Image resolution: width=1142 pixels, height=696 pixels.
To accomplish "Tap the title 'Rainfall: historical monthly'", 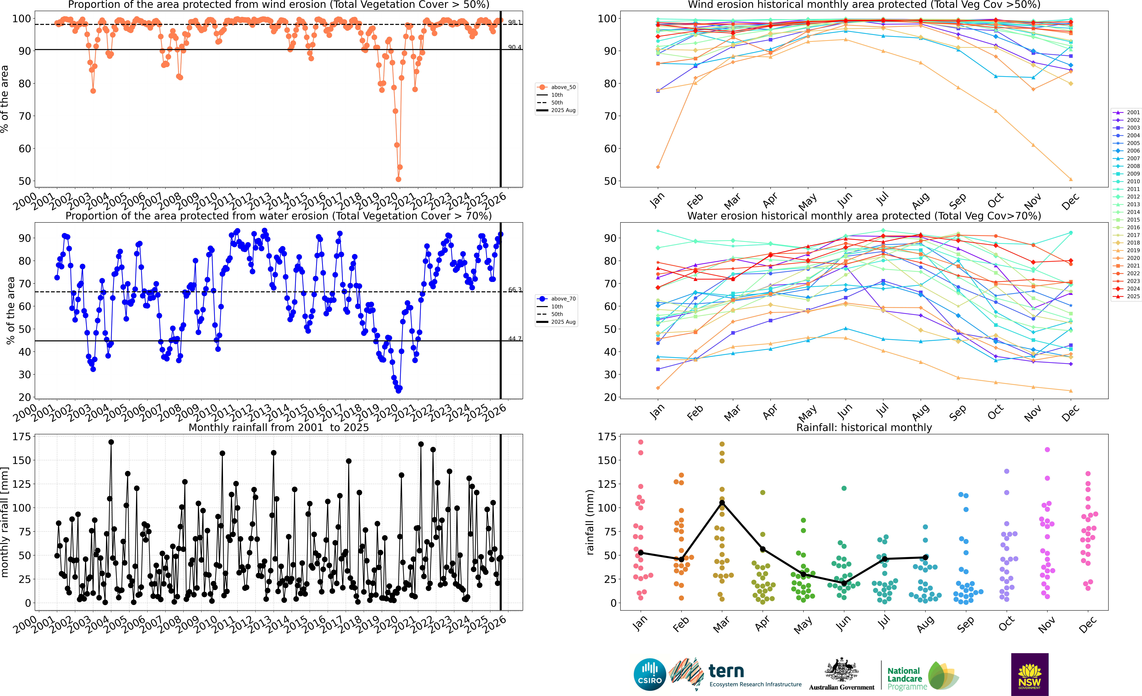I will pos(864,427).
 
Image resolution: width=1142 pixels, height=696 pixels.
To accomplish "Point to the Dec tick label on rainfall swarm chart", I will pos(1087,625).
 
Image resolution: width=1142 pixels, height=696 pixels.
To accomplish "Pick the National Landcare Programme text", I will pos(906,678).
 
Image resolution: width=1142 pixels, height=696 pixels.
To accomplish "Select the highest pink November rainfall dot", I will pos(1047,450).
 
